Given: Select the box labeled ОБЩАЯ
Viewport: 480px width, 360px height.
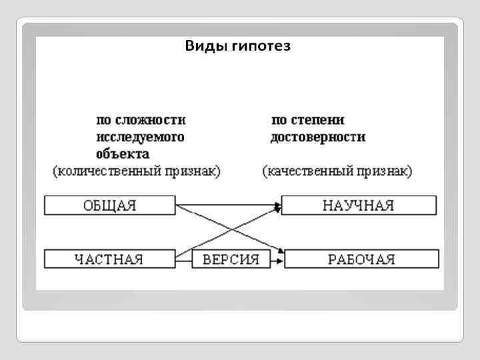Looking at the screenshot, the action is click(x=109, y=205).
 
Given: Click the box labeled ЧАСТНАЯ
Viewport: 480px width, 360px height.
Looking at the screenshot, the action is click(x=109, y=259).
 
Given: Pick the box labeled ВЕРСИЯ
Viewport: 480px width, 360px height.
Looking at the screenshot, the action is click(x=230, y=259).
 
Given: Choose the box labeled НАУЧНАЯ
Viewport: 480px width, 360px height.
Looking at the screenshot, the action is click(x=359, y=205).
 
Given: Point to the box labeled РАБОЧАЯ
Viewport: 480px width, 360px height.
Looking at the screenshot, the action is click(x=362, y=259).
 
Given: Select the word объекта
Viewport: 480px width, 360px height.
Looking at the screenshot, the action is click(x=123, y=153).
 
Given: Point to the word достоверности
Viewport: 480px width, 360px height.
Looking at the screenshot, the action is click(x=318, y=137).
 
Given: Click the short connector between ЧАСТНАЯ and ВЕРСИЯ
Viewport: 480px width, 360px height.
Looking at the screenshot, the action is click(x=183, y=259).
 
